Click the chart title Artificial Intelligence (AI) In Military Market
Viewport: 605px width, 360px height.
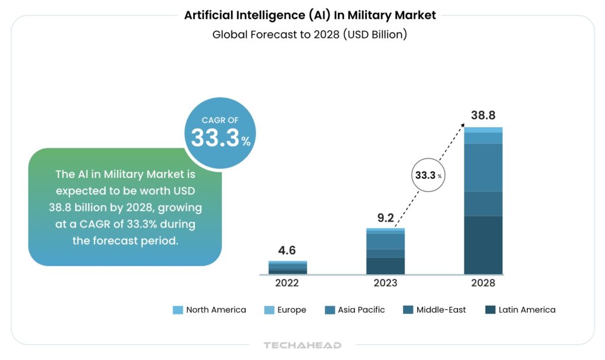(x=310, y=15)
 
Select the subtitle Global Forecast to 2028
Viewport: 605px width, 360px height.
(x=310, y=34)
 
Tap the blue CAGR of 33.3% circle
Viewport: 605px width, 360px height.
(x=220, y=133)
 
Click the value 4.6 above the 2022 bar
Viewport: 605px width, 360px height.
(x=287, y=251)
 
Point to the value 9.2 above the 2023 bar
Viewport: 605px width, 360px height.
(x=385, y=218)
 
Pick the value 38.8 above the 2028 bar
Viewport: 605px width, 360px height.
(x=483, y=115)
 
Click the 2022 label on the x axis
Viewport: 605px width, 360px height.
(x=287, y=283)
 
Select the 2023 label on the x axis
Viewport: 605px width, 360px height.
(x=385, y=283)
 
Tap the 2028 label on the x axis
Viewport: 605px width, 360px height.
(x=483, y=283)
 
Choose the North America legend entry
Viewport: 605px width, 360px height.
(x=210, y=310)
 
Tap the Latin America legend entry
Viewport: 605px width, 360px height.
(x=520, y=310)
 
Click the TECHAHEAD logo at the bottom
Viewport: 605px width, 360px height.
(x=302, y=345)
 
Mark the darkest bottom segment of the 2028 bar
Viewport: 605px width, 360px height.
(x=483, y=245)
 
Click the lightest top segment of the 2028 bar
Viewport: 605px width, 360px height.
(x=483, y=129)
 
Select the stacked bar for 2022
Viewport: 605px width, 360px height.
(x=288, y=267)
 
